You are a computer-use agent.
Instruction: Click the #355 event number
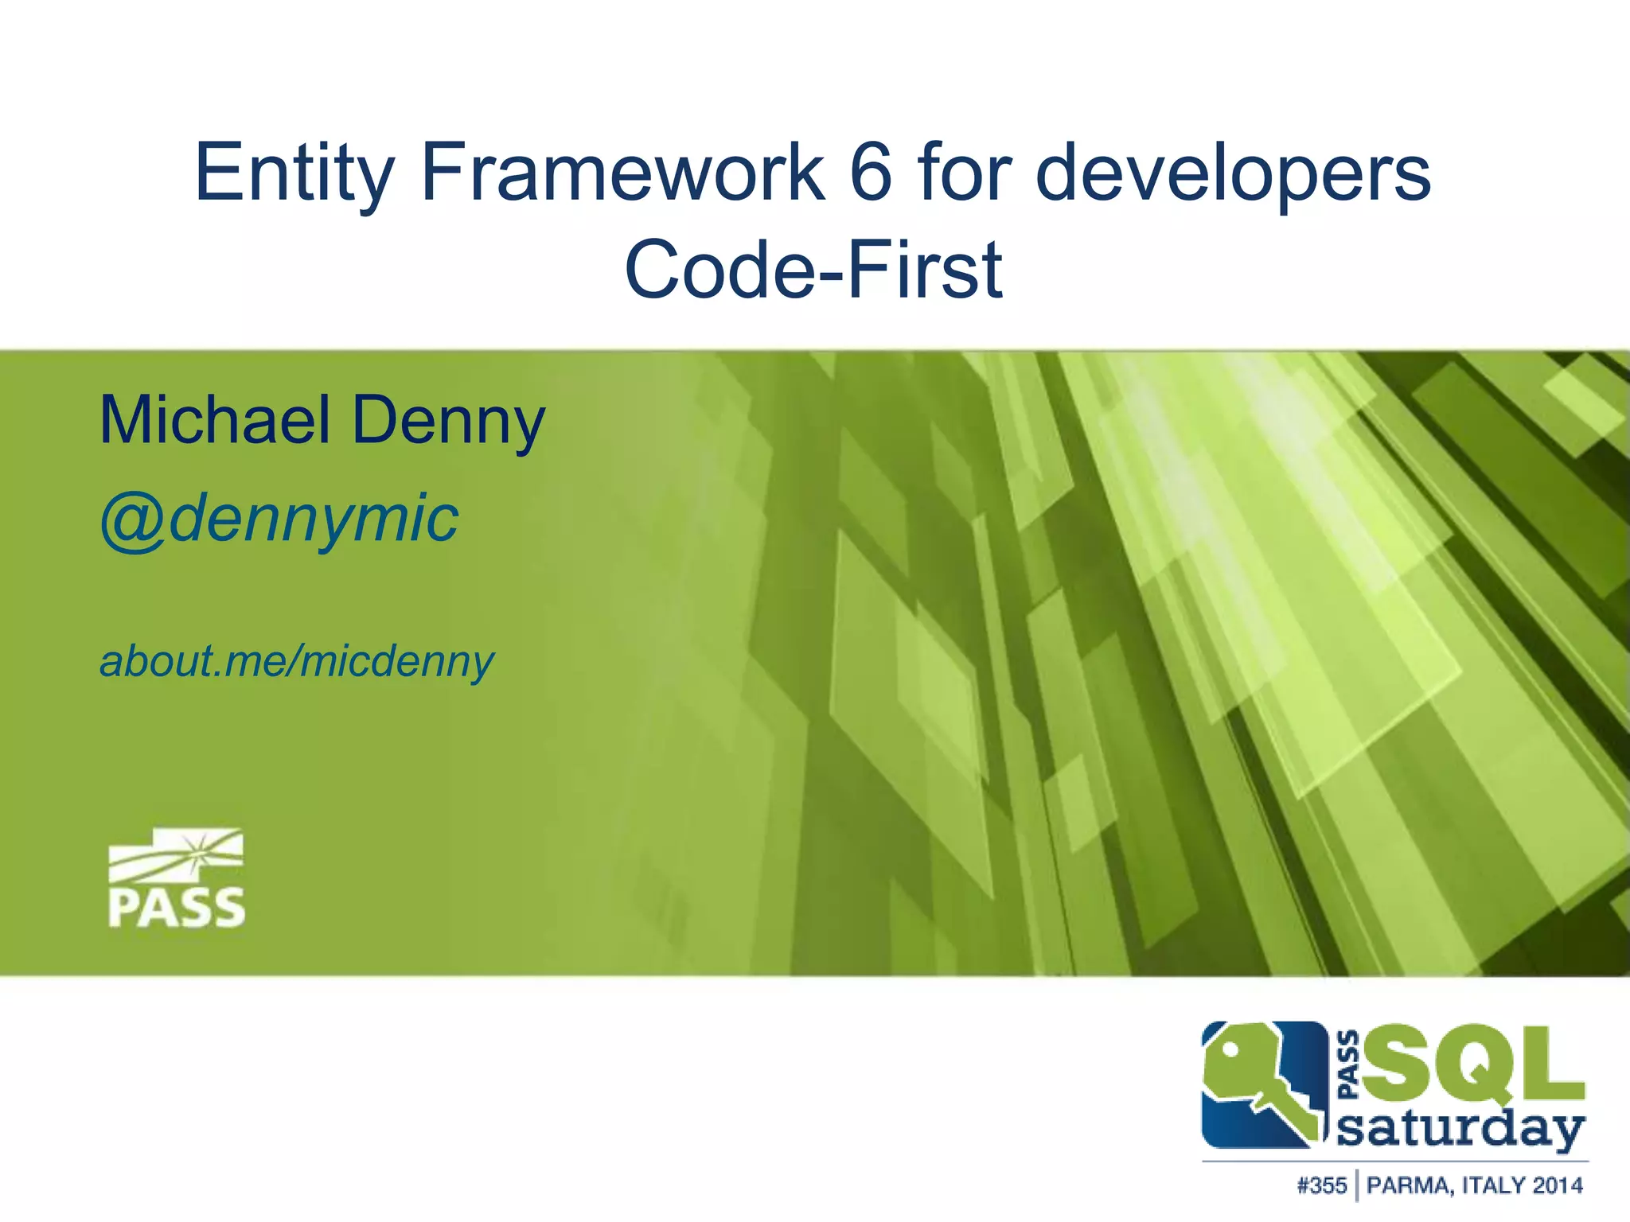click(1321, 1186)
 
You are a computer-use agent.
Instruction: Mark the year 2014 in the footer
click(1558, 1186)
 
